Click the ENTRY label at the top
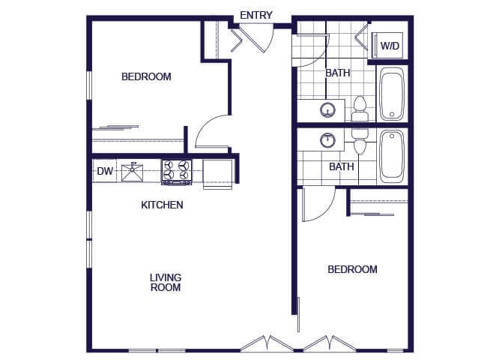[256, 15]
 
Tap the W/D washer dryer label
[390, 46]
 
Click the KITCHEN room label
[163, 205]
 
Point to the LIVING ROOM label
[165, 282]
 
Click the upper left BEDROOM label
[146, 76]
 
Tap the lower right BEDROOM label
[352, 269]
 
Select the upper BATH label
[337, 73]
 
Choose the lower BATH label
[342, 166]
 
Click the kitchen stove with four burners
[177, 172]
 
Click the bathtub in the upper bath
[392, 94]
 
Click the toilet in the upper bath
[360, 108]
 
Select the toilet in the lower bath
[360, 140]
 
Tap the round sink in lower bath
[327, 139]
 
